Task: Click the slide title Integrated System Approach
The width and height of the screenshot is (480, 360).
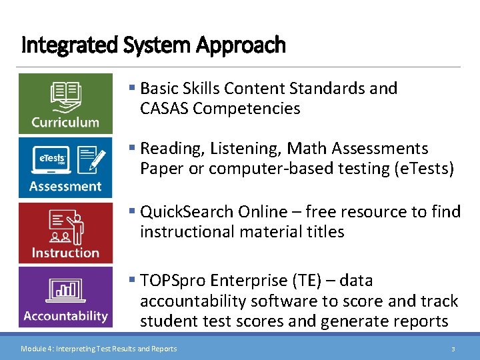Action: coord(153,45)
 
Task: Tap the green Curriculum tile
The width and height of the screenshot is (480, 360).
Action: coord(65,103)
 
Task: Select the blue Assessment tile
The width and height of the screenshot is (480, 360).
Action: coord(65,167)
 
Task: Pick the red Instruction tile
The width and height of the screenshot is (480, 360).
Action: coord(65,233)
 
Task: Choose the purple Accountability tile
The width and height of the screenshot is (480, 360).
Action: coord(65,297)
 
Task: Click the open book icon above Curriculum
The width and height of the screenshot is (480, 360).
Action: coord(65,96)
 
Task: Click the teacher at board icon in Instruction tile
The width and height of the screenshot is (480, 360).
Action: coord(65,227)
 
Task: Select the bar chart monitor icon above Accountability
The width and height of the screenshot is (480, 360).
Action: coord(65,290)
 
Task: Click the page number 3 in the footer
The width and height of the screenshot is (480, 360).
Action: coord(453,349)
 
